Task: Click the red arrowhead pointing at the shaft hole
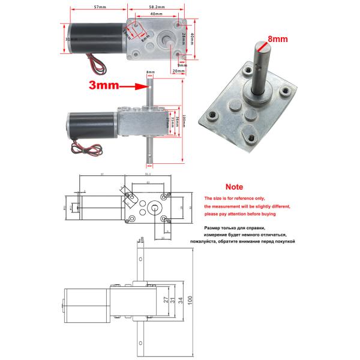click(140, 86)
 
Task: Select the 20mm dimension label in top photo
click(178, 71)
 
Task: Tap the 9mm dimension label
click(182, 65)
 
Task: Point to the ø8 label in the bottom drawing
click(142, 240)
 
